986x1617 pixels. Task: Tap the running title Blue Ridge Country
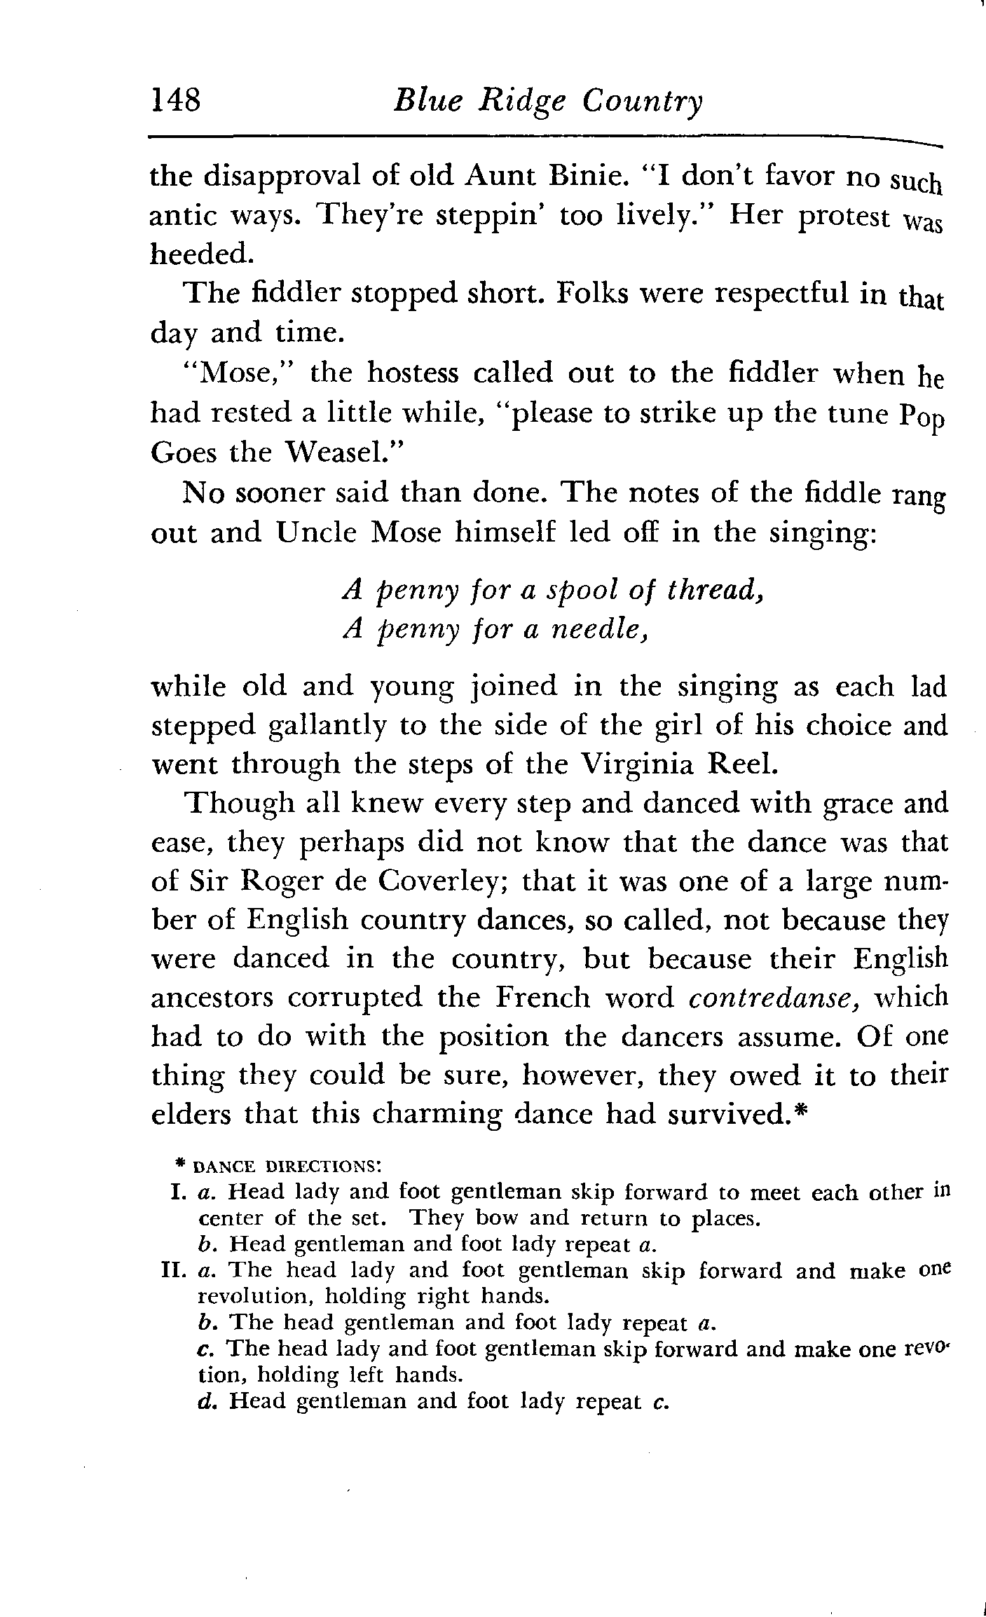pos(547,102)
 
